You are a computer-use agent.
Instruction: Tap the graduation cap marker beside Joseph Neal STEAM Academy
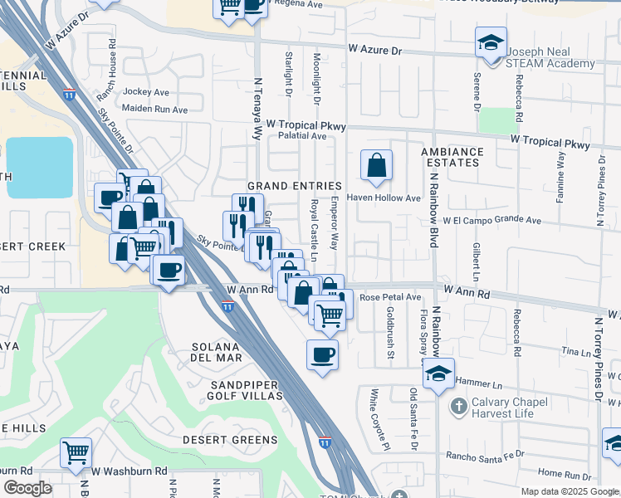pos(491,41)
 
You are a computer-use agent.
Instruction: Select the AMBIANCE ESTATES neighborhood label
pos(451,157)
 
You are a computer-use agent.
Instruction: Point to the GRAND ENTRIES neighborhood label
pos(295,186)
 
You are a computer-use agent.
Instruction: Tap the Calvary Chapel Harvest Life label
pos(524,407)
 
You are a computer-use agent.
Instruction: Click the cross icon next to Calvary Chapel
pos(457,407)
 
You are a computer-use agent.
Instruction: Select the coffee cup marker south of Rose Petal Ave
pos(322,355)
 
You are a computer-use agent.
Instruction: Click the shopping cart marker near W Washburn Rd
pos(76,453)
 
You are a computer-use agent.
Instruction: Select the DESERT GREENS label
pos(230,439)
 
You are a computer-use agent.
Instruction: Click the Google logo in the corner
pos(28,488)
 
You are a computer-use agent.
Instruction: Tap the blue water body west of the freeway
pos(40,167)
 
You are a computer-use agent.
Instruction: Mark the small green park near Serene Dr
pos(497,120)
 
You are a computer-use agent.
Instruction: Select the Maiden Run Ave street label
pos(154,109)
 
